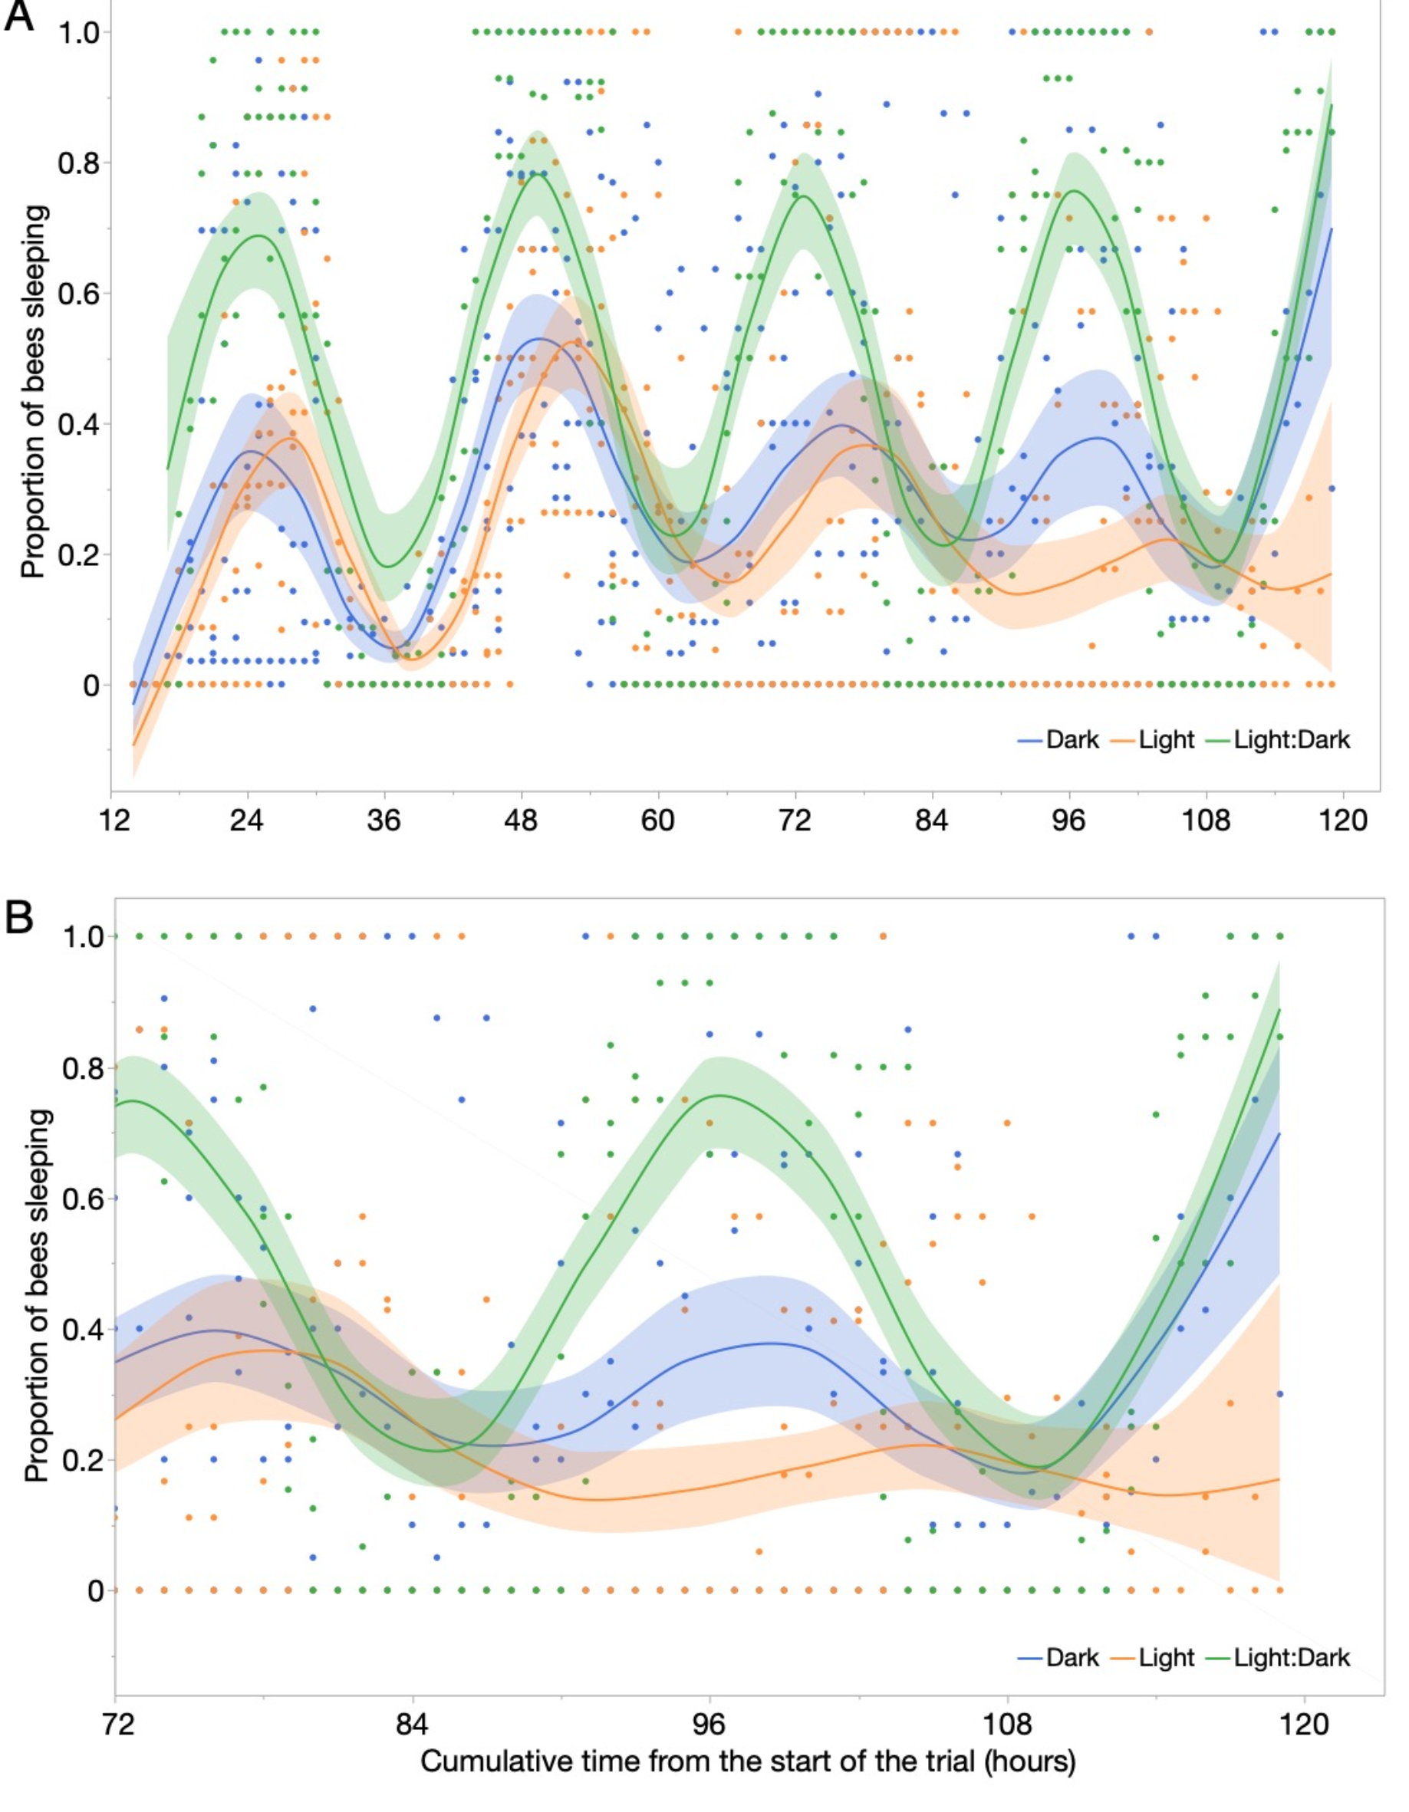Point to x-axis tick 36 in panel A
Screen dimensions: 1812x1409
tap(384, 820)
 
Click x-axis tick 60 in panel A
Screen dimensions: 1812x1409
tap(657, 820)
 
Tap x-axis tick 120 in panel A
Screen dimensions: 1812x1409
tap(1342, 820)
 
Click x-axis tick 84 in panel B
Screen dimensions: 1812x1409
tap(412, 1725)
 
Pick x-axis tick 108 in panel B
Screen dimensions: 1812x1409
tap(1007, 1725)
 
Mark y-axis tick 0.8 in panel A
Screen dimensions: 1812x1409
tap(78, 163)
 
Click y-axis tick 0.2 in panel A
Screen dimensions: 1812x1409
tap(78, 554)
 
